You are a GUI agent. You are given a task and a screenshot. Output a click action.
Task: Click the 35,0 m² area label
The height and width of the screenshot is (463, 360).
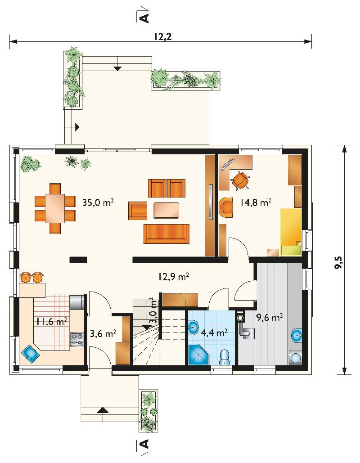pyautogui.click(x=98, y=202)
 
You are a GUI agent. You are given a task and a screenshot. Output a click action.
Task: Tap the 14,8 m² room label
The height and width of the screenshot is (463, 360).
pyautogui.click(x=256, y=202)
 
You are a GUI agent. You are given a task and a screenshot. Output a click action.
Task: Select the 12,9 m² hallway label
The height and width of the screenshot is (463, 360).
pyautogui.click(x=173, y=277)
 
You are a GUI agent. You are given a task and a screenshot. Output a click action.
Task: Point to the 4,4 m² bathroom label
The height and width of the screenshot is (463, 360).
pyautogui.click(x=214, y=333)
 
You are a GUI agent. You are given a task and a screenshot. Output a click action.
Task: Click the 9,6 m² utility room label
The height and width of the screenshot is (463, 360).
pyautogui.click(x=270, y=318)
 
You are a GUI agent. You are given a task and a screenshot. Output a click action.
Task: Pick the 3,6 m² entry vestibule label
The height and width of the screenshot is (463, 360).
pyautogui.click(x=103, y=334)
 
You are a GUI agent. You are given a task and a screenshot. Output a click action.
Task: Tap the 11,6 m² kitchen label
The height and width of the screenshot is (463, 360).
pyautogui.click(x=52, y=321)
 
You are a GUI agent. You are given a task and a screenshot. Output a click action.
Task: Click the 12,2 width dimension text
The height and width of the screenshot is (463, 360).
pyautogui.click(x=162, y=36)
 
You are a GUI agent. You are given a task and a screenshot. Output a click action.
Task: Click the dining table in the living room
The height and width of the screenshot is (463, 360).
pyautogui.click(x=55, y=208)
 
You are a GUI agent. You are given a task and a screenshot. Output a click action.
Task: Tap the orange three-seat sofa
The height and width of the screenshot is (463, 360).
pyautogui.click(x=166, y=234)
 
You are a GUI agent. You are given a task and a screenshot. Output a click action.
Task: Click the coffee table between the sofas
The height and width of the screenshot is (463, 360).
pyautogui.click(x=166, y=210)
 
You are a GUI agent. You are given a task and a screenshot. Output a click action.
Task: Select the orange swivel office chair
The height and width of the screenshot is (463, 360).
pyautogui.click(x=240, y=180)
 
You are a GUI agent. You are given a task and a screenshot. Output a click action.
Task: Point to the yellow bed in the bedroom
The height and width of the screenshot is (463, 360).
pyautogui.click(x=291, y=232)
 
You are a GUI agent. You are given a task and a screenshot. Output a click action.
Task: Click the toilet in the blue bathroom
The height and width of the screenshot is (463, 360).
pyautogui.click(x=225, y=357)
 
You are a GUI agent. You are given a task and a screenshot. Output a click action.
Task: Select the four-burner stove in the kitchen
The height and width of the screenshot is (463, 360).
pyautogui.click(x=76, y=340)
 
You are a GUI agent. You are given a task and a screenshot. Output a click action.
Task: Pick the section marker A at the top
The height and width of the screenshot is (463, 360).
pyautogui.click(x=144, y=18)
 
